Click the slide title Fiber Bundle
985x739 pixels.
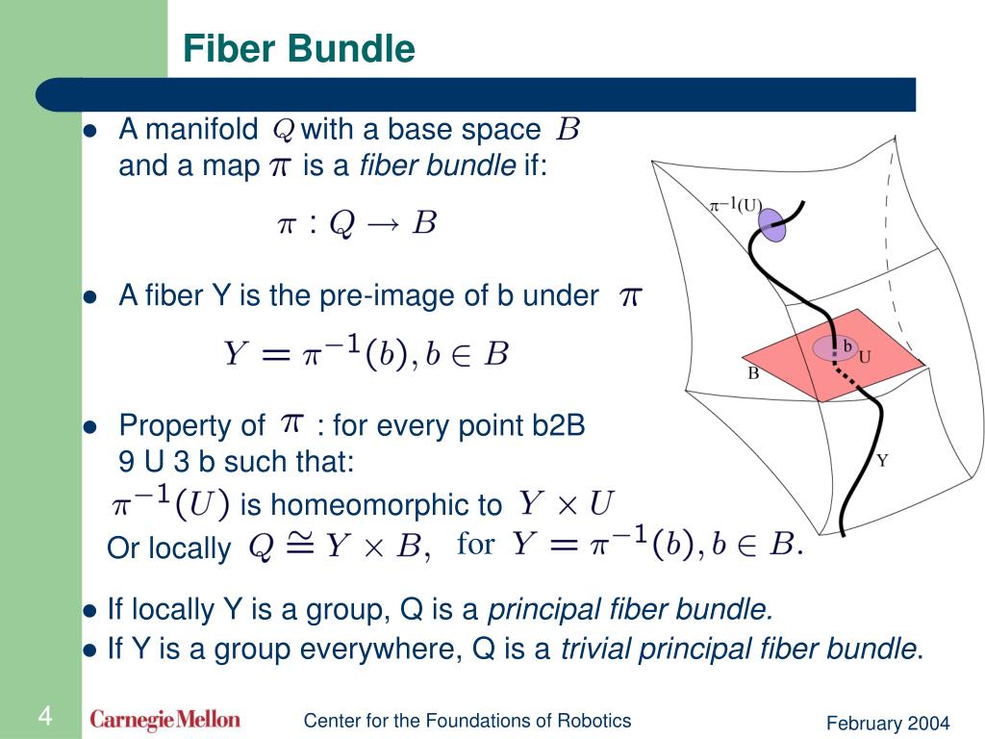pyautogui.click(x=299, y=49)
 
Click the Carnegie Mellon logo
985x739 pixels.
pyautogui.click(x=165, y=720)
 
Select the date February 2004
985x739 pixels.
pyautogui.click(x=888, y=724)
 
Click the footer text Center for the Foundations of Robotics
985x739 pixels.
pyautogui.click(x=467, y=721)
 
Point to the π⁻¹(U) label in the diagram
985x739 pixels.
pyautogui.click(x=735, y=205)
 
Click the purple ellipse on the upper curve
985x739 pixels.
pyautogui.click(x=772, y=224)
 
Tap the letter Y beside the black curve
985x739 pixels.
pyautogui.click(x=881, y=460)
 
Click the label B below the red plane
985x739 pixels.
pyautogui.click(x=753, y=373)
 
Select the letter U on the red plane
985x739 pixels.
pyautogui.click(x=864, y=357)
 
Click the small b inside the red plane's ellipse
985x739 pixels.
pyautogui.click(x=847, y=344)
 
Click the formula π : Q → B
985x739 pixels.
pyautogui.click(x=357, y=224)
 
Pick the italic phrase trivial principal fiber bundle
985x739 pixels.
pyautogui.click(x=738, y=650)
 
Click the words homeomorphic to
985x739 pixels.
pyautogui.click(x=370, y=504)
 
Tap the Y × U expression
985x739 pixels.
pyautogui.click(x=566, y=502)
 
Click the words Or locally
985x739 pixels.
pyautogui.click(x=169, y=548)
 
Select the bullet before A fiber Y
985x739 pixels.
pyautogui.click(x=91, y=297)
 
